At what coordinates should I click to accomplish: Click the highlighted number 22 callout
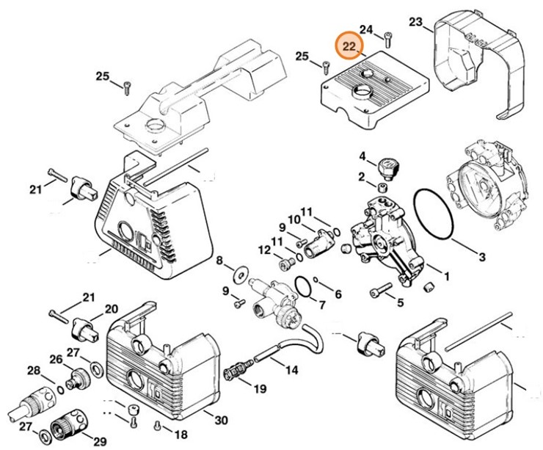[x=349, y=48]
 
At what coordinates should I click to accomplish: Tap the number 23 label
[x=416, y=23]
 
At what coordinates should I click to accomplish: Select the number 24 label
[x=368, y=30]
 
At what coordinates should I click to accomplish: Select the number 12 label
[x=264, y=250]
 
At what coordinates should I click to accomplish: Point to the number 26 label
[x=57, y=359]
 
